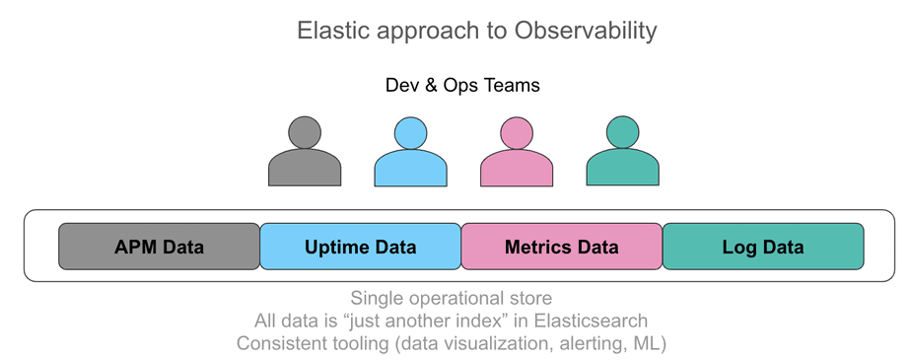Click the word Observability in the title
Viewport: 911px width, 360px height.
[585, 31]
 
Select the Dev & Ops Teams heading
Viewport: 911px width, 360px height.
[462, 85]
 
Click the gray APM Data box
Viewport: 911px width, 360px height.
[159, 247]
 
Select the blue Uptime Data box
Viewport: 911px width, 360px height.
[360, 247]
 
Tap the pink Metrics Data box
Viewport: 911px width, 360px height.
[561, 247]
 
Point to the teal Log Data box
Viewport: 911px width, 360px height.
[762, 247]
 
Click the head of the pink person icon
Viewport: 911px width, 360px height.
[517, 132]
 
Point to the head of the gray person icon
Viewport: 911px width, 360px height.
[305, 132]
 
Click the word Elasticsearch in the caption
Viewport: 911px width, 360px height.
[592, 321]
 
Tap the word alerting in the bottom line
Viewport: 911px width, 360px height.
[592, 343]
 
